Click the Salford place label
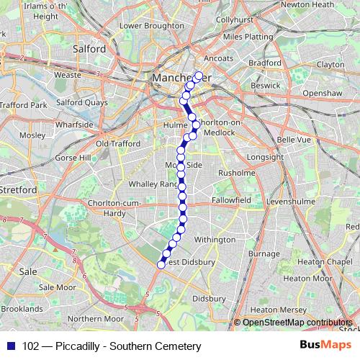[x=89, y=49]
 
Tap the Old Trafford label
[x=118, y=143]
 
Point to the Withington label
[x=215, y=239]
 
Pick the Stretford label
[x=18, y=189]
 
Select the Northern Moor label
[x=96, y=318]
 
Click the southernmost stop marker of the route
[x=161, y=264]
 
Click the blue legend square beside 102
[x=9, y=346]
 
